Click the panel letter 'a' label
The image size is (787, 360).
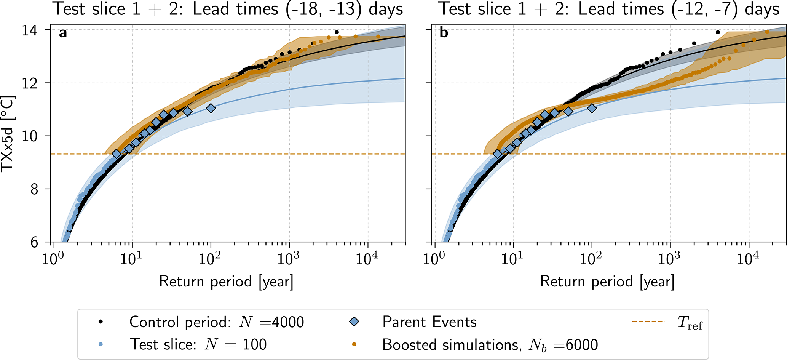pos(63,34)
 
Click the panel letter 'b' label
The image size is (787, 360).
pos(444,33)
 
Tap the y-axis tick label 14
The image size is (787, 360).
pos(31,30)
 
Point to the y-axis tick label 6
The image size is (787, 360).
pos(35,243)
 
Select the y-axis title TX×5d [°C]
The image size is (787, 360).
pos(8,134)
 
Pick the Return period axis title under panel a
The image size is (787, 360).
pos(226,282)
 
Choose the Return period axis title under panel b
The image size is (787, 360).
pos(607,282)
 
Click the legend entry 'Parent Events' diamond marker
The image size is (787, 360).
pos(354,322)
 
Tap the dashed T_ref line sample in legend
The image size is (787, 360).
pos(647,322)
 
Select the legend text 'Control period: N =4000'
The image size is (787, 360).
pos(216,322)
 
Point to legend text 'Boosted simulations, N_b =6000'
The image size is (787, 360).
pos(490,345)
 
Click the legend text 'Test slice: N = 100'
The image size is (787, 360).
pos(198,345)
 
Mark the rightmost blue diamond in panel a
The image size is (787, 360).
pos(211,108)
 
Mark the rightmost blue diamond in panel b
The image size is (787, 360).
pos(592,108)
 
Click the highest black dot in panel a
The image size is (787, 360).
pos(337,32)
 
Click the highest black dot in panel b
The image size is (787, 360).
pos(718,32)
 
